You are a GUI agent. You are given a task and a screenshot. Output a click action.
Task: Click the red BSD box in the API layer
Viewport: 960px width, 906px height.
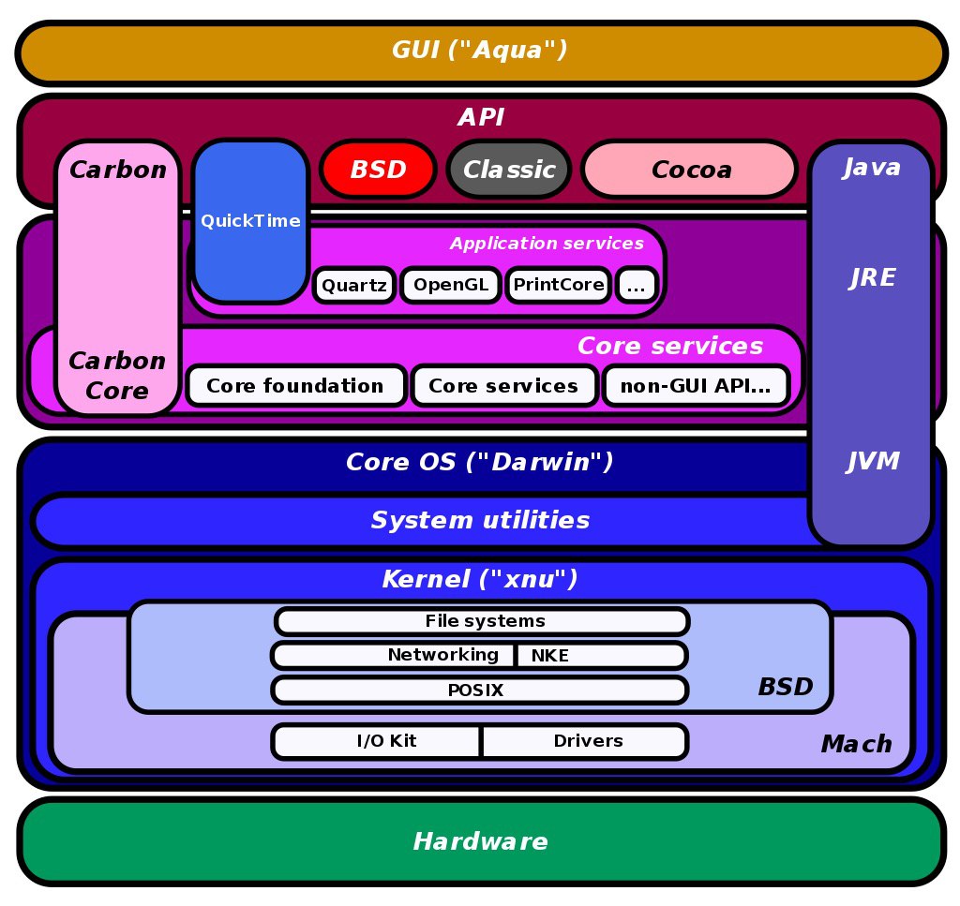tap(378, 170)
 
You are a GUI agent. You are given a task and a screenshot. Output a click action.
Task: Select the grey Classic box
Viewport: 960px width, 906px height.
tap(509, 170)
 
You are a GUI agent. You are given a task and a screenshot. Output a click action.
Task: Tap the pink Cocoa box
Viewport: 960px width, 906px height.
tap(690, 170)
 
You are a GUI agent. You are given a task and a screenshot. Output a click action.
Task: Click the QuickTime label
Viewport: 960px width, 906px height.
tap(250, 220)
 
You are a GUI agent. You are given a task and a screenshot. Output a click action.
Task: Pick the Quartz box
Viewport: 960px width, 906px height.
tap(353, 285)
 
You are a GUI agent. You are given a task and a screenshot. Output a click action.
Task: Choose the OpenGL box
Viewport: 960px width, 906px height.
tap(451, 285)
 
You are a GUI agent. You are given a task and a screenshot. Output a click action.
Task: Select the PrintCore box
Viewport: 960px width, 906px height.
tap(559, 285)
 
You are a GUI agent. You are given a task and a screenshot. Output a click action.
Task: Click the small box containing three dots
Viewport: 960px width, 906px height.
tap(637, 285)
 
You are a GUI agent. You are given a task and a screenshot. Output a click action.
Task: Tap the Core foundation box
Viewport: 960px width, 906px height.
tap(295, 385)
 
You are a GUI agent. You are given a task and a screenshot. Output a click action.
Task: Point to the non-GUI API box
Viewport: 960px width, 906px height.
tap(696, 385)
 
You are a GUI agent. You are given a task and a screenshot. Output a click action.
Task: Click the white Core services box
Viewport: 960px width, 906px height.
tap(503, 385)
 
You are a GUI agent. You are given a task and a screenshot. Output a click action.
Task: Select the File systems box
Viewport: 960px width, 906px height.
tap(483, 621)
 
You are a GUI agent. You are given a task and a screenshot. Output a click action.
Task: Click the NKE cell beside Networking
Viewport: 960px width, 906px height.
tap(601, 656)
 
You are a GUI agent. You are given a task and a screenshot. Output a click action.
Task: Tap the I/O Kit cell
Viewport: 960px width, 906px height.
tap(377, 741)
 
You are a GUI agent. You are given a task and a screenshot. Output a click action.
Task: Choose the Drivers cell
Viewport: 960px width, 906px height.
tap(586, 741)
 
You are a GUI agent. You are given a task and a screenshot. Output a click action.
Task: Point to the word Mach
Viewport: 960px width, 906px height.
tap(857, 744)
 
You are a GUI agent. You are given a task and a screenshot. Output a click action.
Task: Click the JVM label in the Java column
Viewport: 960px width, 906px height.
tap(873, 461)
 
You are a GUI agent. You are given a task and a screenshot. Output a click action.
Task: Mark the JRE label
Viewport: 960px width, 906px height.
tap(873, 277)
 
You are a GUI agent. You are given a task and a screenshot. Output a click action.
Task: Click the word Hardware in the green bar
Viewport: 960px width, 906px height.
tap(481, 841)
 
